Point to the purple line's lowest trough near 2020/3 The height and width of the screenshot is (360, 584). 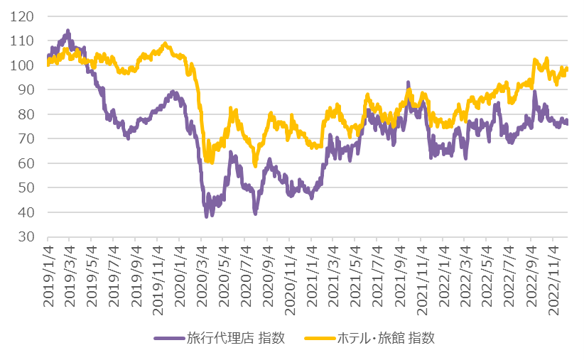pos(206,216)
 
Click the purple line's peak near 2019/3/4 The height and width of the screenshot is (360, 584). pos(67,31)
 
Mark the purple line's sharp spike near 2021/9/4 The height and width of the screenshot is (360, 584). pos(408,83)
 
